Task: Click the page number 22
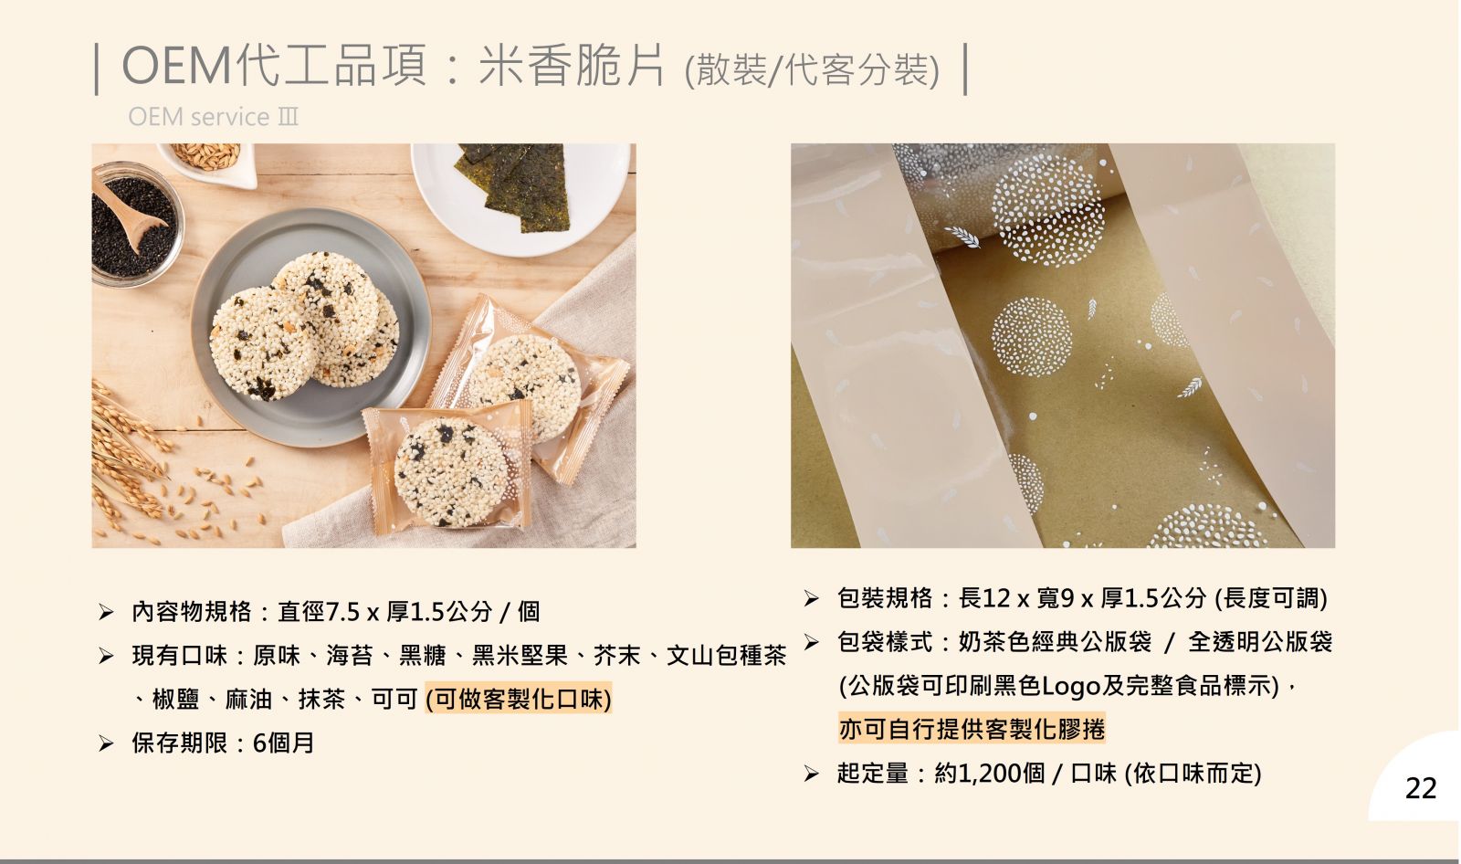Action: [x=1421, y=788]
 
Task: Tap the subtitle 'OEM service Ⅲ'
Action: [x=214, y=117]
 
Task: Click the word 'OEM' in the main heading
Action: [x=177, y=66]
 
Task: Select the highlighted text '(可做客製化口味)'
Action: [x=519, y=699]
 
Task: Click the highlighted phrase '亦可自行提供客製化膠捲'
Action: [x=972, y=728]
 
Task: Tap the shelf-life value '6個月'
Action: [x=283, y=743]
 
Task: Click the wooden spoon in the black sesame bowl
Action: [x=131, y=213]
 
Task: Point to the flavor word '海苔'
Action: [x=349, y=655]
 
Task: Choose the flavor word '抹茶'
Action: [x=321, y=699]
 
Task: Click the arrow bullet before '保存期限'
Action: [x=106, y=743]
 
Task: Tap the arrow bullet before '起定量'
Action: [x=812, y=774]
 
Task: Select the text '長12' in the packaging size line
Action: [x=984, y=597]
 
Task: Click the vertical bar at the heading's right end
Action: [x=965, y=69]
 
